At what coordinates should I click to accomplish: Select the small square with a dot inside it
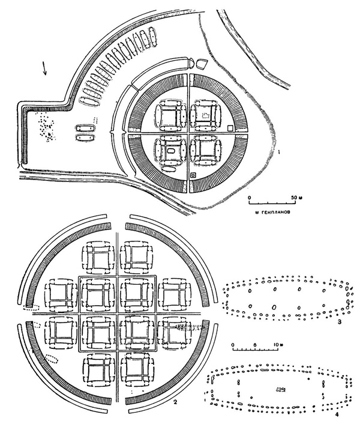193,175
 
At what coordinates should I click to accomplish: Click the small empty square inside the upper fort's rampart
231,128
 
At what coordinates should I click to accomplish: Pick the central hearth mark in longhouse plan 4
280,390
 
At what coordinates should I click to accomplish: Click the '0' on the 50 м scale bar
250,197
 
